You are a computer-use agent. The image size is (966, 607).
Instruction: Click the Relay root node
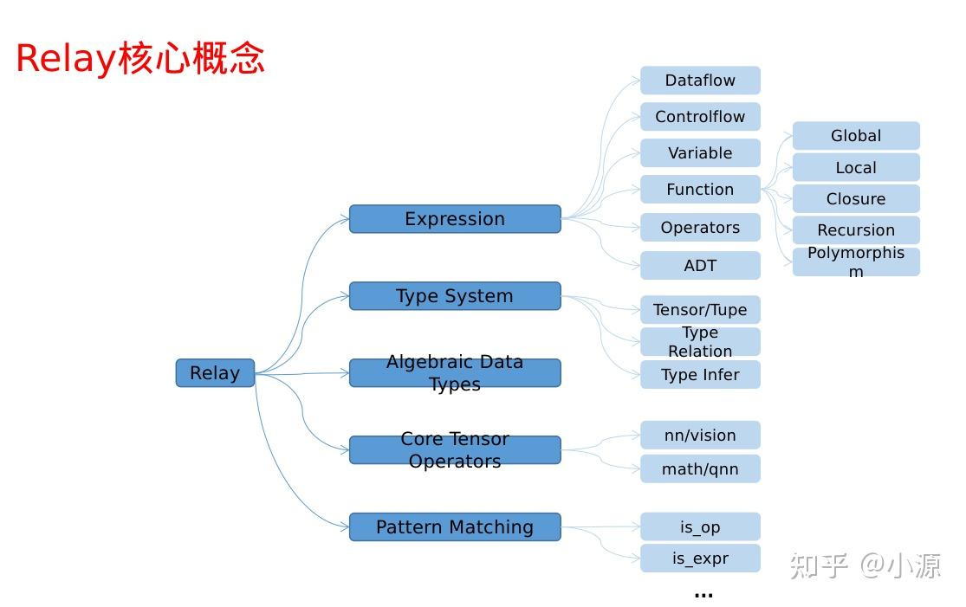point(215,373)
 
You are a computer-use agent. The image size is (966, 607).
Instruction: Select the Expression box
point(455,219)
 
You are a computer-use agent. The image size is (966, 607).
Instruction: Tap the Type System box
point(455,296)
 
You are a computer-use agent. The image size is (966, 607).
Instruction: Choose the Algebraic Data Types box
point(455,373)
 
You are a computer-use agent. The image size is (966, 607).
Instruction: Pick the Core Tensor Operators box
point(455,450)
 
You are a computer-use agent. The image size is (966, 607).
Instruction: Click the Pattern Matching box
point(455,526)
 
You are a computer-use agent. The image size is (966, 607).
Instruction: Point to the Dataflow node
point(700,81)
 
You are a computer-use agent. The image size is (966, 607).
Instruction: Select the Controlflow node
point(700,117)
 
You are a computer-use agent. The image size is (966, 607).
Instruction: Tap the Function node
point(700,190)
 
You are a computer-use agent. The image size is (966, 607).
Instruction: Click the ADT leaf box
point(700,266)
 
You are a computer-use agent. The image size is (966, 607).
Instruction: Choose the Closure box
point(856,199)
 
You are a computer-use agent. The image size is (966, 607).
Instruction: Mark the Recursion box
point(856,230)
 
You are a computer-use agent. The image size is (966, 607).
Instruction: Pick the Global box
point(856,136)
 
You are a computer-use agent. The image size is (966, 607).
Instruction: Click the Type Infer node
point(700,375)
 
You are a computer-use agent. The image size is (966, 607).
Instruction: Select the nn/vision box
point(700,436)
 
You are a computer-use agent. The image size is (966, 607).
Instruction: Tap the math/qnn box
point(700,469)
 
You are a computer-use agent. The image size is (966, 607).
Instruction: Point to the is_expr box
point(700,559)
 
